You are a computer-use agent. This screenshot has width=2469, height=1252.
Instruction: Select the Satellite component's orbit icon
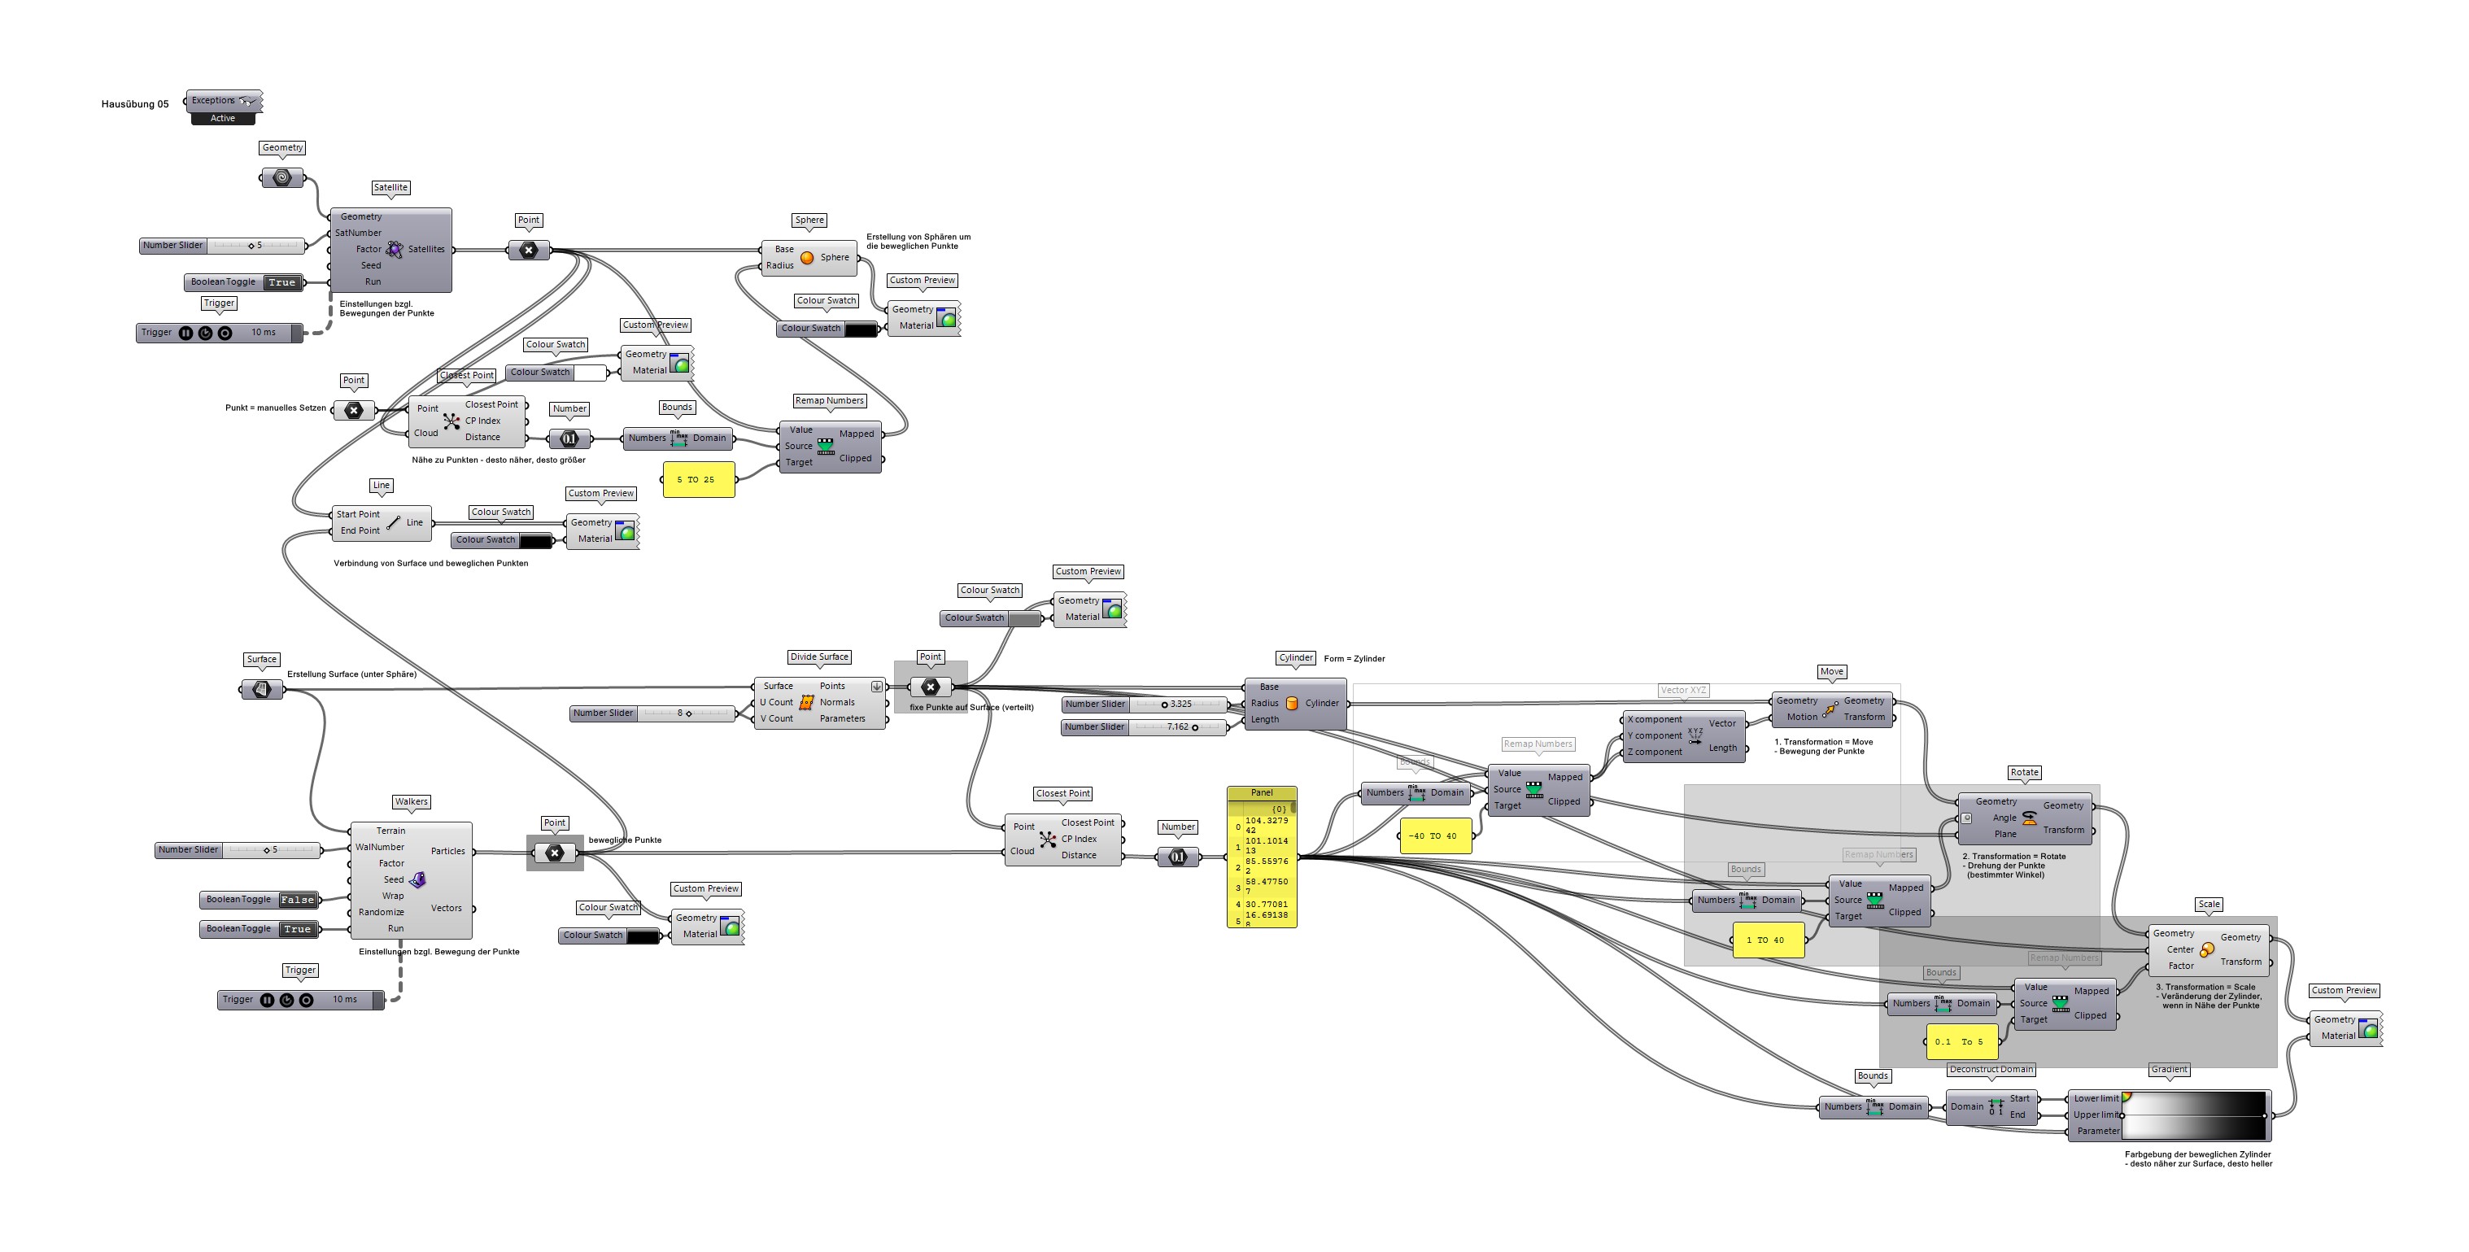[x=394, y=249]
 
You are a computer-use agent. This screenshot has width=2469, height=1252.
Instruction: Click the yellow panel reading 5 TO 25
[x=698, y=479]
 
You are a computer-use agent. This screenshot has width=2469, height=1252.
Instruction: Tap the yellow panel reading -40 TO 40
[x=1434, y=836]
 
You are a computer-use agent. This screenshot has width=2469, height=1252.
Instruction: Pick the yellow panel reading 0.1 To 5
[x=1960, y=1042]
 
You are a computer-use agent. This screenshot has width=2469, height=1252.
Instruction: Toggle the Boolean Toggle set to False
[x=297, y=901]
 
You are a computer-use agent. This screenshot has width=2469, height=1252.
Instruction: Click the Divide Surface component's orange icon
[x=806, y=703]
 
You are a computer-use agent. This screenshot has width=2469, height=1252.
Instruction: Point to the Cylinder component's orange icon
[x=1291, y=704]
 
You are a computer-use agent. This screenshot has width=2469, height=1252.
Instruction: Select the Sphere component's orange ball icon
[x=807, y=258]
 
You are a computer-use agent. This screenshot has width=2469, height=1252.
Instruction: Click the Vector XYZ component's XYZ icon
[x=1695, y=736]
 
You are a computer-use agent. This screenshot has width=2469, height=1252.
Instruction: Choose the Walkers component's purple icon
[x=418, y=880]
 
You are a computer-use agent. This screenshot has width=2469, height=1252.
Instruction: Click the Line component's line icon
[x=394, y=522]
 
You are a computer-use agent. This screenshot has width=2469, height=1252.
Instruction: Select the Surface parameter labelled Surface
[x=262, y=689]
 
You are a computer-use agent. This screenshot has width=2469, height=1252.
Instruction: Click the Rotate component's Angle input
[x=2004, y=818]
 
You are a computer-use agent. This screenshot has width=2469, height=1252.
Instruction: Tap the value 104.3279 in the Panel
[x=1266, y=822]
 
